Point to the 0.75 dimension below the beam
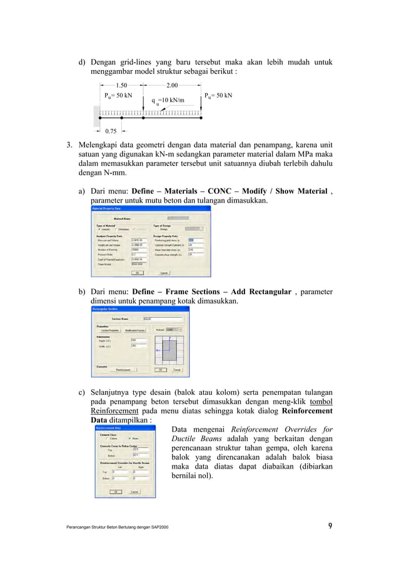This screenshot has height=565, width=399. [111, 131]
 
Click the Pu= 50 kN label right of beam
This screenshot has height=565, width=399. [218, 96]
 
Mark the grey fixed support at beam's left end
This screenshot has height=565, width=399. [97, 115]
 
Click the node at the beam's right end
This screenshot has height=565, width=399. [199, 116]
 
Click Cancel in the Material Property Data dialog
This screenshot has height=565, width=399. [164, 273]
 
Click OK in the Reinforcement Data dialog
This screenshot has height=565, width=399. [116, 492]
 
